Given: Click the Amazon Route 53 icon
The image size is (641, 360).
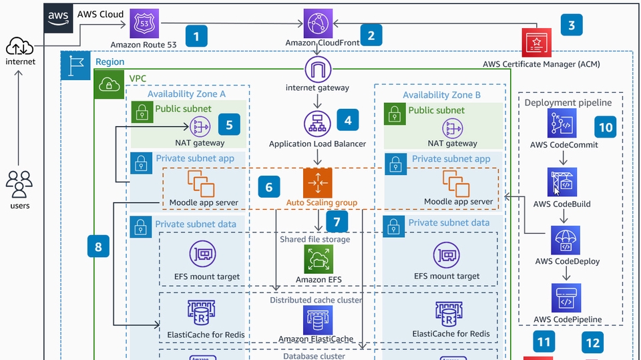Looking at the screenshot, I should click(144, 25).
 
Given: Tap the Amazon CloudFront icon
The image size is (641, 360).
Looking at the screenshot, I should click(318, 23).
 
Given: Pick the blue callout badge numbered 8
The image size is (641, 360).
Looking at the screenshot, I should click(99, 247).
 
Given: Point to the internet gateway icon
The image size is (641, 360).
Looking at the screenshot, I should click(318, 70).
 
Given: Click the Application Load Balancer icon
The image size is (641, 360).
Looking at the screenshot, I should click(318, 124).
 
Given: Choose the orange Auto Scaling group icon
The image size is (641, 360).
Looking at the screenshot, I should click(318, 183).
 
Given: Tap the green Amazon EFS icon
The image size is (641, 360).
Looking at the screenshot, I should click(318, 258).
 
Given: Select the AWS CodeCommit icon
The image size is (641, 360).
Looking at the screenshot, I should click(562, 124).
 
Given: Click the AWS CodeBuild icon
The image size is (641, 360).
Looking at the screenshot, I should click(562, 182).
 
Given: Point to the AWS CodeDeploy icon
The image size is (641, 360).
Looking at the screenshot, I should click(565, 240).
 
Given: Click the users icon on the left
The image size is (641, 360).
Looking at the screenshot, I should click(19, 184).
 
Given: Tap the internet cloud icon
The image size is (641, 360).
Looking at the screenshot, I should click(19, 46).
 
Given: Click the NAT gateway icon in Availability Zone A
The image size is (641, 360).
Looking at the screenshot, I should click(200, 125).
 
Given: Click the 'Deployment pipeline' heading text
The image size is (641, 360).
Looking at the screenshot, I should click(568, 102).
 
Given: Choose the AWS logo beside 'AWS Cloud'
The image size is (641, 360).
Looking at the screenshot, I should click(59, 17).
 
